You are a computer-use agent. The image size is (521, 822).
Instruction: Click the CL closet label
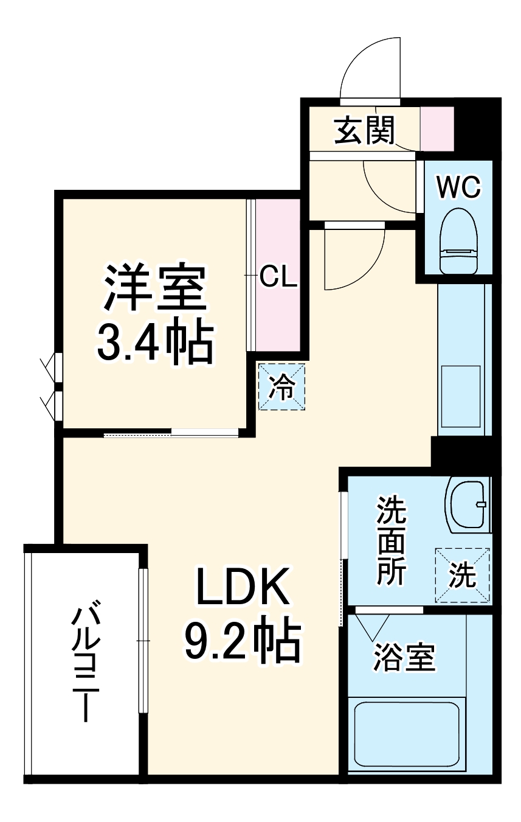point(278,277)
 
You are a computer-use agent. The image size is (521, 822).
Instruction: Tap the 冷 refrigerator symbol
point(281,386)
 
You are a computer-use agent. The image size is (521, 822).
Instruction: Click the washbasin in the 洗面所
point(469,503)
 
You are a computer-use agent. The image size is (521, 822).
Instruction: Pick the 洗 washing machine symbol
point(463,576)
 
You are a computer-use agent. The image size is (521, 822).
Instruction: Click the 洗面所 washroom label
point(390,540)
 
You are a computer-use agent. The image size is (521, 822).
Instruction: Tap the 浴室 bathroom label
point(404,658)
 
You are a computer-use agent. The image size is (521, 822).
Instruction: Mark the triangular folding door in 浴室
point(372,626)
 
